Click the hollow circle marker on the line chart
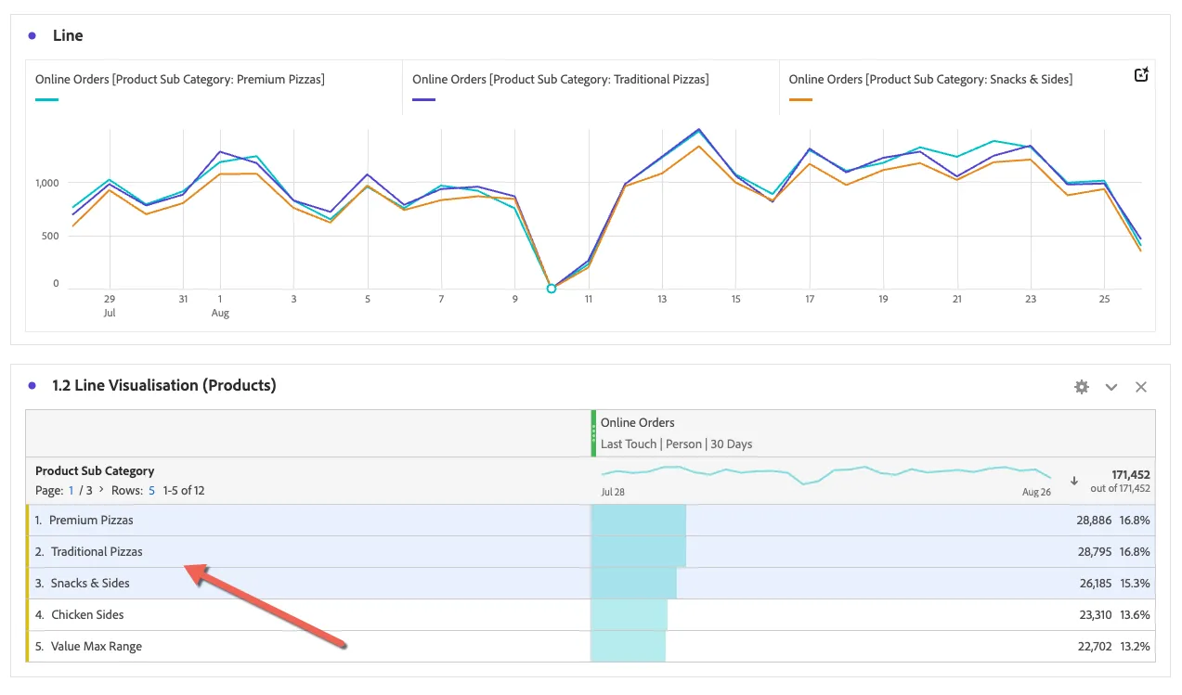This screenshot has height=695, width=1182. (552, 289)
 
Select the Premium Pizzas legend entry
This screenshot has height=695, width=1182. (180, 80)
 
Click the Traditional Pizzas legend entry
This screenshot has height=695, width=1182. (561, 80)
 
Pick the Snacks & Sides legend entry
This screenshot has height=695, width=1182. (930, 80)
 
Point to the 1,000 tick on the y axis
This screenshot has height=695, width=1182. (47, 183)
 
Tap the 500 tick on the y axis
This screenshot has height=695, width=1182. (50, 236)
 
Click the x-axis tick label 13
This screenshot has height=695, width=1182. (662, 299)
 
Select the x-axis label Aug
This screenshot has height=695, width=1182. (220, 314)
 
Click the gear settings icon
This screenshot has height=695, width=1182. (1081, 387)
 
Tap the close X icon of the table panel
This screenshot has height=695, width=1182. (1141, 387)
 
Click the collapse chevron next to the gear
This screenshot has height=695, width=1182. (1111, 388)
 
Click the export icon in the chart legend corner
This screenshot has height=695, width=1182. (1141, 74)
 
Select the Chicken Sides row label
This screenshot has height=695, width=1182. (87, 615)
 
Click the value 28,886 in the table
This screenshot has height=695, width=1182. (1094, 521)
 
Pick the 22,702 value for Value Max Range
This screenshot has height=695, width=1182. (1095, 647)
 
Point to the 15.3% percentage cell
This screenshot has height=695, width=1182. (1135, 584)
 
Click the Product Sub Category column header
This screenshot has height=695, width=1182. (95, 470)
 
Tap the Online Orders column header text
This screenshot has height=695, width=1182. (638, 423)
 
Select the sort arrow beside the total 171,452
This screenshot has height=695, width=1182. (1073, 481)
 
